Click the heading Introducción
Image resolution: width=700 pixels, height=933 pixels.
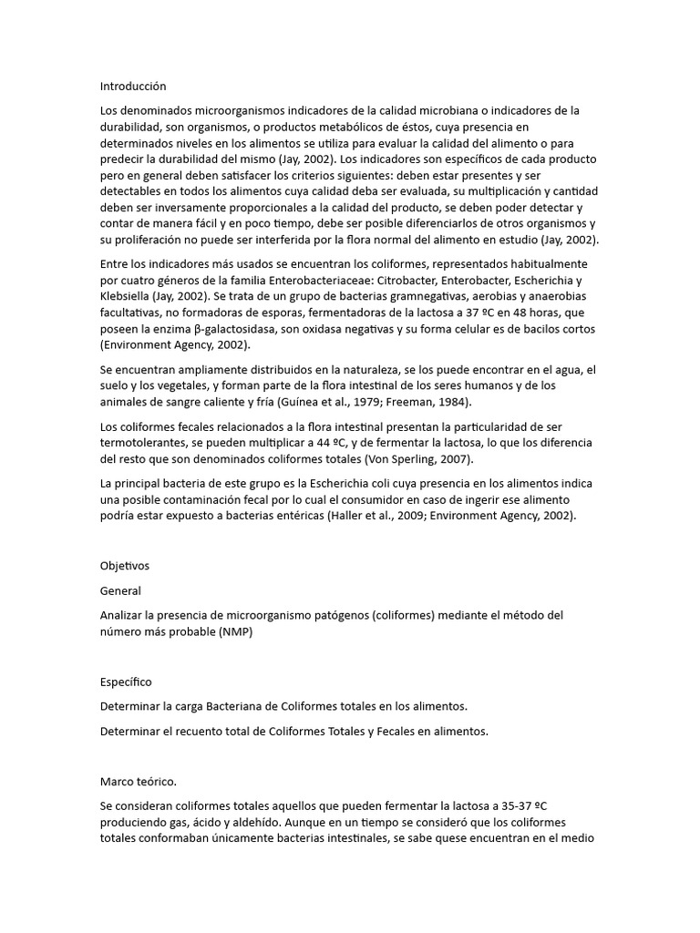pyautogui.click(x=133, y=87)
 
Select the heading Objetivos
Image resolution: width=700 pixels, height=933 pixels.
pyautogui.click(x=125, y=566)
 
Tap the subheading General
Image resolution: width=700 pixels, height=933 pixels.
pyautogui.click(x=120, y=590)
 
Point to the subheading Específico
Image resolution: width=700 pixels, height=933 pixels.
pyautogui.click(x=127, y=682)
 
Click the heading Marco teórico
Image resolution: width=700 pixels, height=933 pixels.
pyautogui.click(x=139, y=781)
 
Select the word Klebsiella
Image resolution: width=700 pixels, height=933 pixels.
pyautogui.click(x=128, y=296)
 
